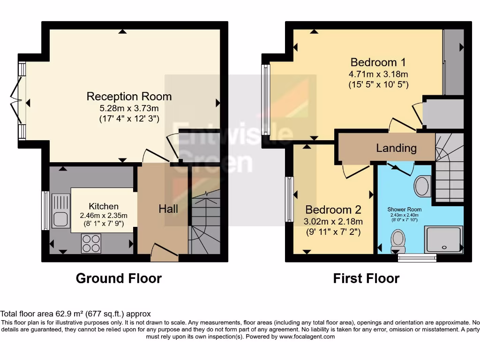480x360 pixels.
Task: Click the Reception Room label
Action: (129, 97)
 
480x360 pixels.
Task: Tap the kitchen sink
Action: (60, 210)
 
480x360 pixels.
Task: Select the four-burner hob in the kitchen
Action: (91, 243)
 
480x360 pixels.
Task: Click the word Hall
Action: (168, 209)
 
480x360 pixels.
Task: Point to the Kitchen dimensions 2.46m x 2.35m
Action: (104, 216)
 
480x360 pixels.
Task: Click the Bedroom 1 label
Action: (378, 62)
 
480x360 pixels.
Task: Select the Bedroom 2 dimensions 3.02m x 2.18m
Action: (334, 221)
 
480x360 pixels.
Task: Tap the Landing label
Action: (396, 148)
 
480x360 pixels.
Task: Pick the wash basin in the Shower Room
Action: (423, 186)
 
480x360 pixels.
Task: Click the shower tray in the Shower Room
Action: (443, 240)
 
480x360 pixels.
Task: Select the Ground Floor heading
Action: (119, 278)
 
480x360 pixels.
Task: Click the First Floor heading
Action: (366, 278)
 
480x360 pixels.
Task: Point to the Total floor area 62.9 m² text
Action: (75, 314)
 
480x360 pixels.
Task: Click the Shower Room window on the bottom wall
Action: (417, 257)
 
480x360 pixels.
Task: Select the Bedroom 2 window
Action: (289, 199)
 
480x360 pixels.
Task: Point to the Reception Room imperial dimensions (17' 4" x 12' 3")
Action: (129, 119)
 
